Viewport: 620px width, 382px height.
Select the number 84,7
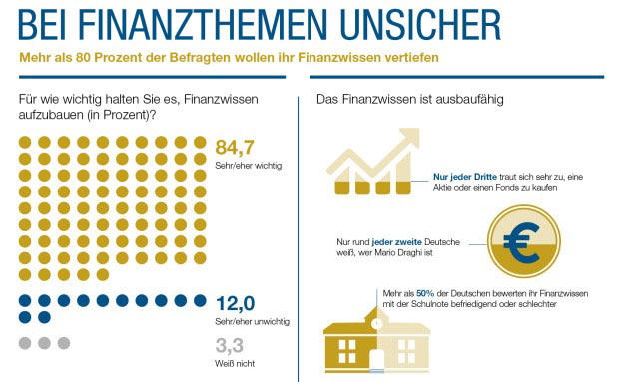coord(237,149)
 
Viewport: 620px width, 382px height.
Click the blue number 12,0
coord(237,304)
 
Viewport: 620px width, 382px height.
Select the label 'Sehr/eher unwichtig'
coord(253,321)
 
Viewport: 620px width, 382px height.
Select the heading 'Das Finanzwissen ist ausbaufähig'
coord(409,100)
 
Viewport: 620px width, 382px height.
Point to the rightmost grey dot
coord(64,343)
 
